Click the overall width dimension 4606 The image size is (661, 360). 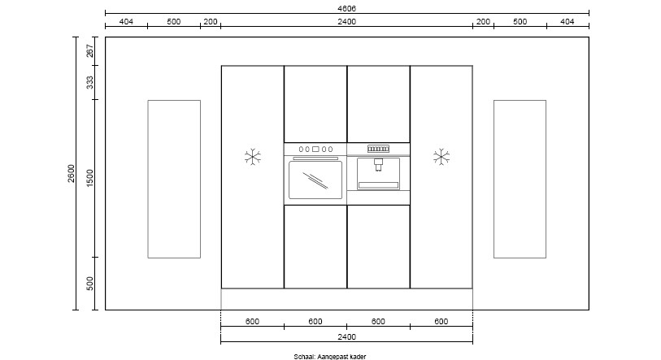(x=346, y=8)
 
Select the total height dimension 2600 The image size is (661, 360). (x=71, y=173)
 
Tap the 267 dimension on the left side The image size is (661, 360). (x=90, y=51)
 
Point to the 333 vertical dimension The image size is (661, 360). (x=90, y=83)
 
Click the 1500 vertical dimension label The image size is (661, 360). (x=90, y=178)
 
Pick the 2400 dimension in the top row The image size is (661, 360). (x=346, y=21)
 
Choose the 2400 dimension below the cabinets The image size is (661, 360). (x=346, y=336)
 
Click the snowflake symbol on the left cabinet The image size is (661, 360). (x=253, y=157)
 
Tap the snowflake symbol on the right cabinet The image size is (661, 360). (x=441, y=157)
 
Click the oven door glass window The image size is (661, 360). (x=315, y=180)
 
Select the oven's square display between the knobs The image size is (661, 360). (x=315, y=150)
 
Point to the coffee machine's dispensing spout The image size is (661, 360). (x=378, y=164)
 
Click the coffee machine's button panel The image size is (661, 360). (x=378, y=149)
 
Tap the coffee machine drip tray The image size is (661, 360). (x=378, y=185)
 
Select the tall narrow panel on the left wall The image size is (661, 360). (x=174, y=179)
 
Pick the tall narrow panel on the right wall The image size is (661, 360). (x=520, y=179)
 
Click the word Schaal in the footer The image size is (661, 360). (x=304, y=357)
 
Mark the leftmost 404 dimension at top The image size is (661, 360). (x=126, y=21)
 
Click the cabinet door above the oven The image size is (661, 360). (x=315, y=104)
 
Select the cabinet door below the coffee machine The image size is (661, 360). (x=378, y=246)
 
